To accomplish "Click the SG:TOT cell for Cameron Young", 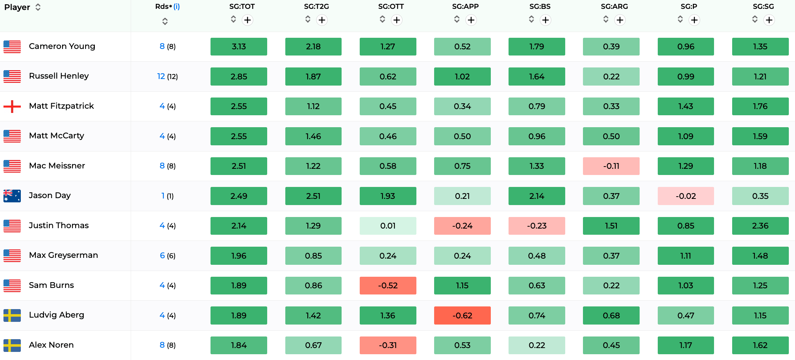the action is (239, 47).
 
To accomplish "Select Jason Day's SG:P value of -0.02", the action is (686, 196).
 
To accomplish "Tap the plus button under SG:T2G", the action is (322, 20).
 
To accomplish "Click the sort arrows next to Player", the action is (38, 7).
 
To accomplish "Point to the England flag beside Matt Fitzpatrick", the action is (12, 106).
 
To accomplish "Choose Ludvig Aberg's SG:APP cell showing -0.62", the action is (462, 315).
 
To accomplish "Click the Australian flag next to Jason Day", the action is (12, 196).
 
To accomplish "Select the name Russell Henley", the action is (59, 76).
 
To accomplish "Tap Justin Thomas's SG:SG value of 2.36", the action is (760, 226).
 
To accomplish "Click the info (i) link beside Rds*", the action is (177, 7).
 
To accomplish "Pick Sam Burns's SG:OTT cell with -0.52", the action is (388, 286).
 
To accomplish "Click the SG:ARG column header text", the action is (614, 7).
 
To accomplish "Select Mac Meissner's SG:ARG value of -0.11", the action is (611, 166).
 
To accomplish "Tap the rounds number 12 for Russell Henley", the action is (161, 76).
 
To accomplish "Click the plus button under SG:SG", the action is (769, 20).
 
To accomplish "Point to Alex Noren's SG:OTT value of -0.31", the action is (388, 345).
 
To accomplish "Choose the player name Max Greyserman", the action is (64, 255).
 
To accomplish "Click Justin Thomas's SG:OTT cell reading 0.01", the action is (388, 226).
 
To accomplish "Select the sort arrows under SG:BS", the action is (531, 19).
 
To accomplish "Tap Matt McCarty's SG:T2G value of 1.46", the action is (313, 136).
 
